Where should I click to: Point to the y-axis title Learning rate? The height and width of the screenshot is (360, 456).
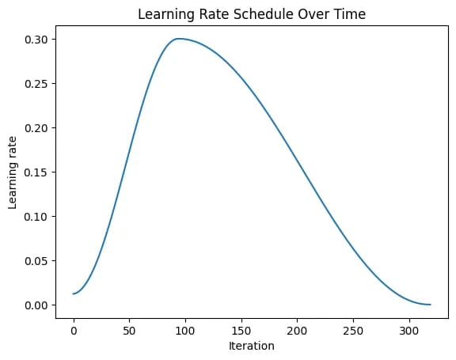(x=13, y=172)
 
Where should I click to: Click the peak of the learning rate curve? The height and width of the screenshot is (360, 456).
(x=179, y=39)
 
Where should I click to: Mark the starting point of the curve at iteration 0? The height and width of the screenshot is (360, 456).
(x=74, y=294)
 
